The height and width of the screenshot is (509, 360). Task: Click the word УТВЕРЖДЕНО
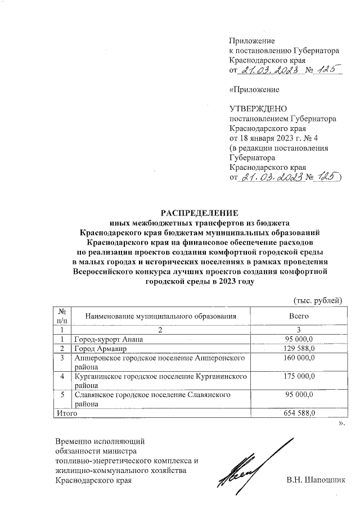tap(258, 109)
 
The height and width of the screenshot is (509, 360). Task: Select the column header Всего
tap(298, 317)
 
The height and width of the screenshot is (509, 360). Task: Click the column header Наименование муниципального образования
tap(160, 317)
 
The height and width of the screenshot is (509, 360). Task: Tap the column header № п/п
tap(62, 316)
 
